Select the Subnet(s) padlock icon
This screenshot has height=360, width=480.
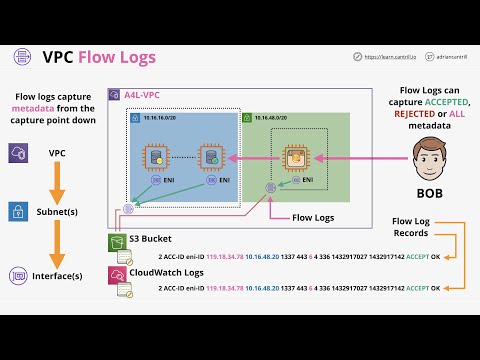click(x=18, y=212)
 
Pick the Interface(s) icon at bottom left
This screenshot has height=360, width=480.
click(x=18, y=274)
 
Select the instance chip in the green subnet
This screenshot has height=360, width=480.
click(x=295, y=157)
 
